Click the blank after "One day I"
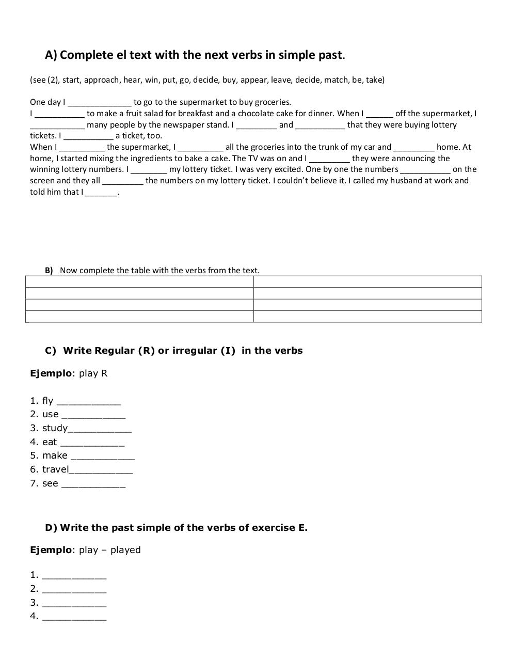click(x=100, y=102)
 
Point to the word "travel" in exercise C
click(x=55, y=469)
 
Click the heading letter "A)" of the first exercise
click(x=51, y=55)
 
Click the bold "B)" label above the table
click(x=49, y=271)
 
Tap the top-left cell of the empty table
click(x=139, y=281)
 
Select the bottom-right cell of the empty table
click(x=368, y=317)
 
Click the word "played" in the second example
click(x=125, y=550)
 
